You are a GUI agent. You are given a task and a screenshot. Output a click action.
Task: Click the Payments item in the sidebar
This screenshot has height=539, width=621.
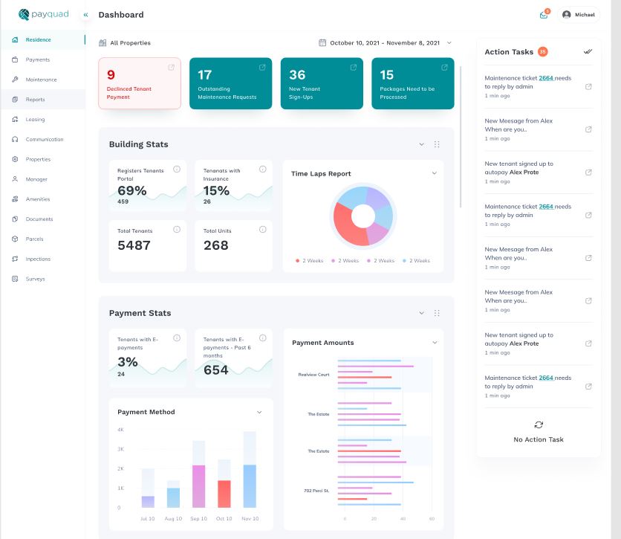(x=37, y=59)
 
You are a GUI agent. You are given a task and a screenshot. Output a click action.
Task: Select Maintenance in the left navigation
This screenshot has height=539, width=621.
(x=41, y=80)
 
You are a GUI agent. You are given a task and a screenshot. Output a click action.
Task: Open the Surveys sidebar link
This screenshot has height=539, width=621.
(x=35, y=279)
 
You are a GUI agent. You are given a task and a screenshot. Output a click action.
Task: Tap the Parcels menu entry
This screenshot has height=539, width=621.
(x=34, y=239)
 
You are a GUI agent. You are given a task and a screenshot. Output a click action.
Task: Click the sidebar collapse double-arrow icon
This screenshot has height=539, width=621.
(x=85, y=15)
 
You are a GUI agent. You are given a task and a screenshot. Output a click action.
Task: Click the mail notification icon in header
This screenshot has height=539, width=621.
(x=544, y=15)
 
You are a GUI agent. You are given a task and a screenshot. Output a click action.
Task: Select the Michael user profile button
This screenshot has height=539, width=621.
(x=580, y=15)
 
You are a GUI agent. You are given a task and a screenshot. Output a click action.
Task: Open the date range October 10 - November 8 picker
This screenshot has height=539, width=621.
(x=385, y=43)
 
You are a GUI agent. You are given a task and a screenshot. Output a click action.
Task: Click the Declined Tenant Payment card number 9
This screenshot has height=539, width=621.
(x=111, y=75)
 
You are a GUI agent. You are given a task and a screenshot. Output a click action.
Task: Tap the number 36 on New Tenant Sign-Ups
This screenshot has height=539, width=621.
(x=297, y=75)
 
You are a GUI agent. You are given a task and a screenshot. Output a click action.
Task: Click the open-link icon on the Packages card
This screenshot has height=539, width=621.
(x=444, y=68)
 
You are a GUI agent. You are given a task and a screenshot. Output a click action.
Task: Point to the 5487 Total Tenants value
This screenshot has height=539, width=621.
(x=134, y=245)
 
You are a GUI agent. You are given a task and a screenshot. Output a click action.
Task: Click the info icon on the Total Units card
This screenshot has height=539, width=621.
(x=263, y=230)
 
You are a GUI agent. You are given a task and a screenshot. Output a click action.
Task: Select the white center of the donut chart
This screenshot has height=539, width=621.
(x=362, y=216)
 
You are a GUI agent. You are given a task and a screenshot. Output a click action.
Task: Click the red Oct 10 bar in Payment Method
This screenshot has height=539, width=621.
(x=224, y=494)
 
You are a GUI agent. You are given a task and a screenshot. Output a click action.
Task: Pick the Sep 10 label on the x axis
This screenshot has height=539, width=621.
(x=199, y=518)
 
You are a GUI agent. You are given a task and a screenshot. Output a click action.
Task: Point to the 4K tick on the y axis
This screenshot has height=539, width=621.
(x=120, y=430)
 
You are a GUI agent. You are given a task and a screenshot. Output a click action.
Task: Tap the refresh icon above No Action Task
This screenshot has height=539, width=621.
(x=539, y=425)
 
